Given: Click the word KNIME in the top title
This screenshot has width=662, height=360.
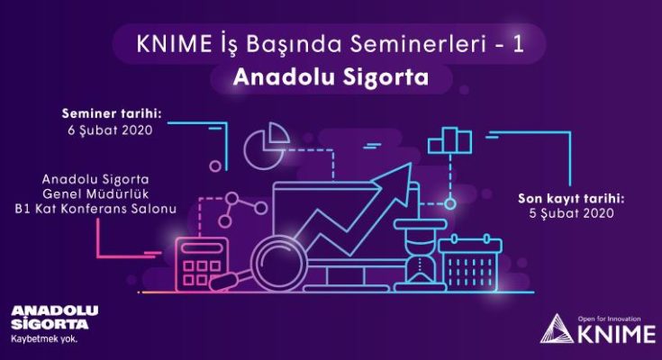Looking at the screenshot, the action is (174, 44).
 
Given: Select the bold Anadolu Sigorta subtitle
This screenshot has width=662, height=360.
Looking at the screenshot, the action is (331, 77).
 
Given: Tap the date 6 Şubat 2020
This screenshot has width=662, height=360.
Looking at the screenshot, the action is (110, 130).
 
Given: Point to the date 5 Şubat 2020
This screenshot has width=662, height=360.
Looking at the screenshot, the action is (572, 213).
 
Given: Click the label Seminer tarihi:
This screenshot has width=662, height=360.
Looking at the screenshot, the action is (112, 113).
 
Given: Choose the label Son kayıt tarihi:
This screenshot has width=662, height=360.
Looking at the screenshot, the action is (571, 198).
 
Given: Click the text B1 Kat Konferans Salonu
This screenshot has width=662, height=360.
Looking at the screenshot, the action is (95, 209).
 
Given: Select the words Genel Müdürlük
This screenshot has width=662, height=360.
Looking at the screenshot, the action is (95, 194).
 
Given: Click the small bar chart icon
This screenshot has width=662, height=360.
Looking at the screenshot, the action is (449, 140).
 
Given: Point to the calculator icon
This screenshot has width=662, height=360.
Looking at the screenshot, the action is (202, 265).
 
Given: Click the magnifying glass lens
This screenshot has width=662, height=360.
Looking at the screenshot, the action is (277, 264).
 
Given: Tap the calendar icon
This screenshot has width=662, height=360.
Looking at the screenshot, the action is (470, 263).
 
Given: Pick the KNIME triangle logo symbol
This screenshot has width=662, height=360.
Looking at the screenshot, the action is (558, 328).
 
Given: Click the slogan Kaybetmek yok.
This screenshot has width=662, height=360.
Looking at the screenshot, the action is (44, 339).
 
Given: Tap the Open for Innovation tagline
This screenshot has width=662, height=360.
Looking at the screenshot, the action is (609, 319).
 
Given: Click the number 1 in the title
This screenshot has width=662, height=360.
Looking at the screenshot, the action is (519, 44).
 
